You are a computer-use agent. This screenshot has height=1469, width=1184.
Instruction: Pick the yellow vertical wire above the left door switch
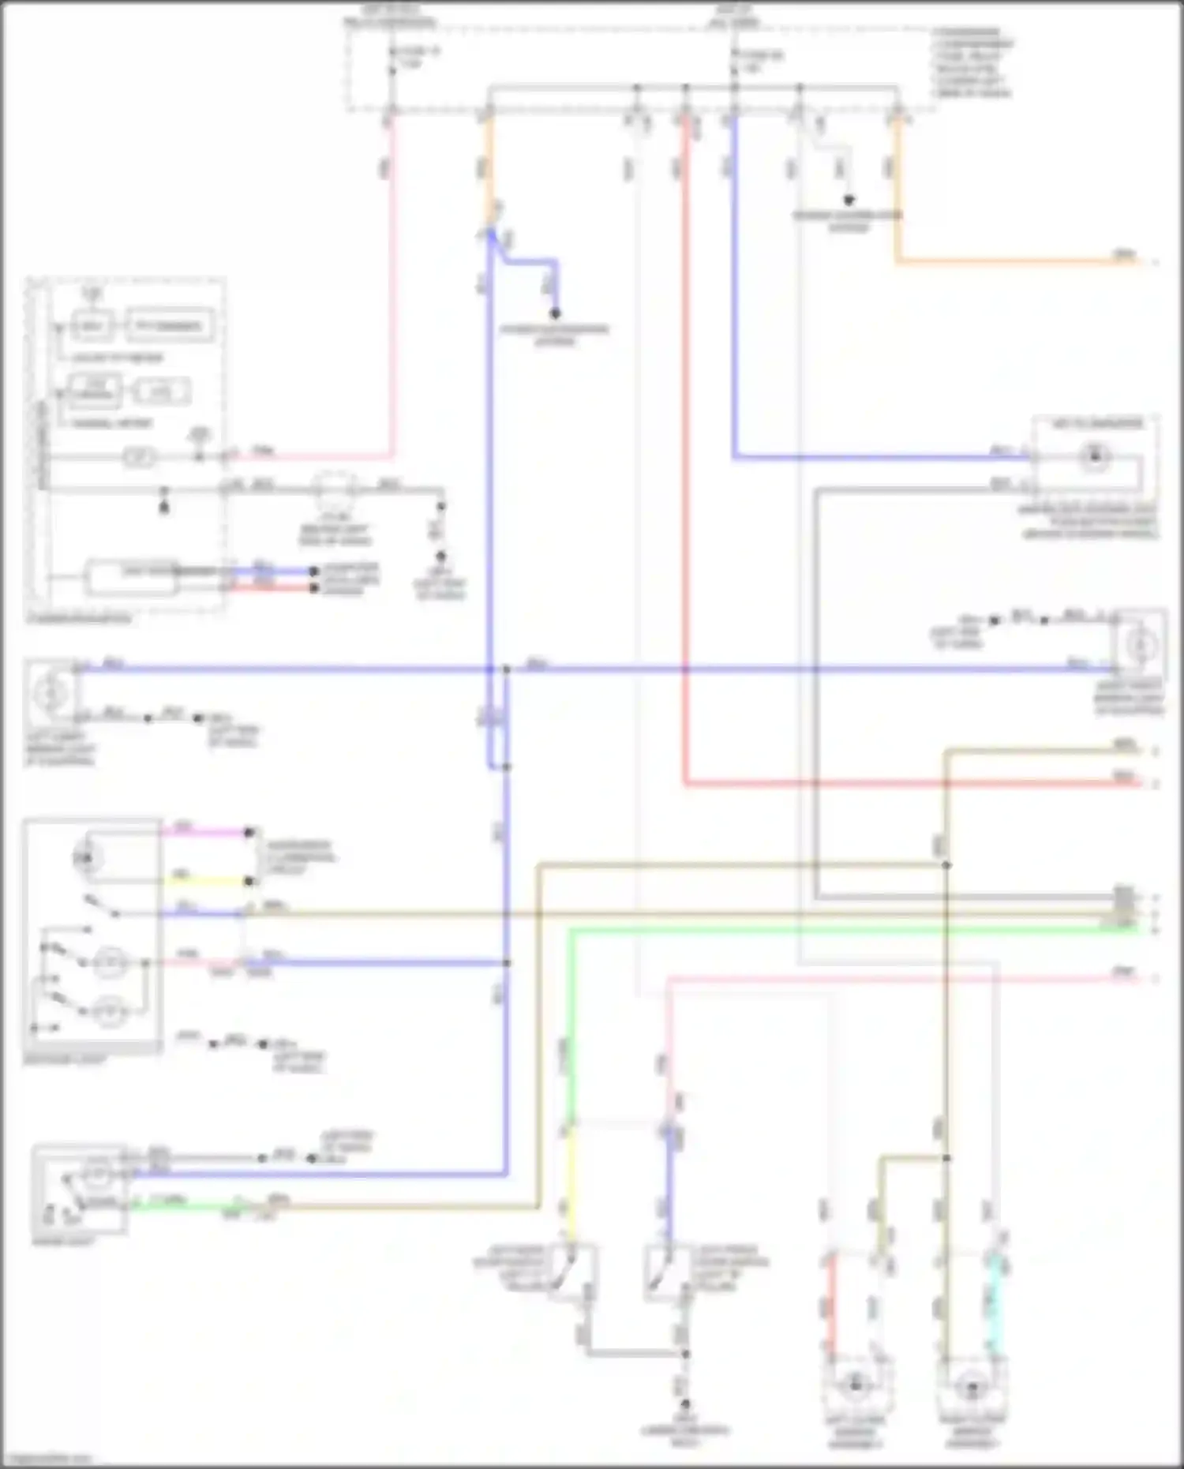pos(571,1184)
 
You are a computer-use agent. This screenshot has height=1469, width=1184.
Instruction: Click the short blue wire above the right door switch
pos(669,1184)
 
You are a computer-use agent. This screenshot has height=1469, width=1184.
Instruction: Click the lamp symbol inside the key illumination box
pos(1094,456)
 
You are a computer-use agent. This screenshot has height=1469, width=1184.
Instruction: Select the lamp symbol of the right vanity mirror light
pos(1139,646)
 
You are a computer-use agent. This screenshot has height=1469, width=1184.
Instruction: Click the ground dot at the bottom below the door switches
pos(685,1404)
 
